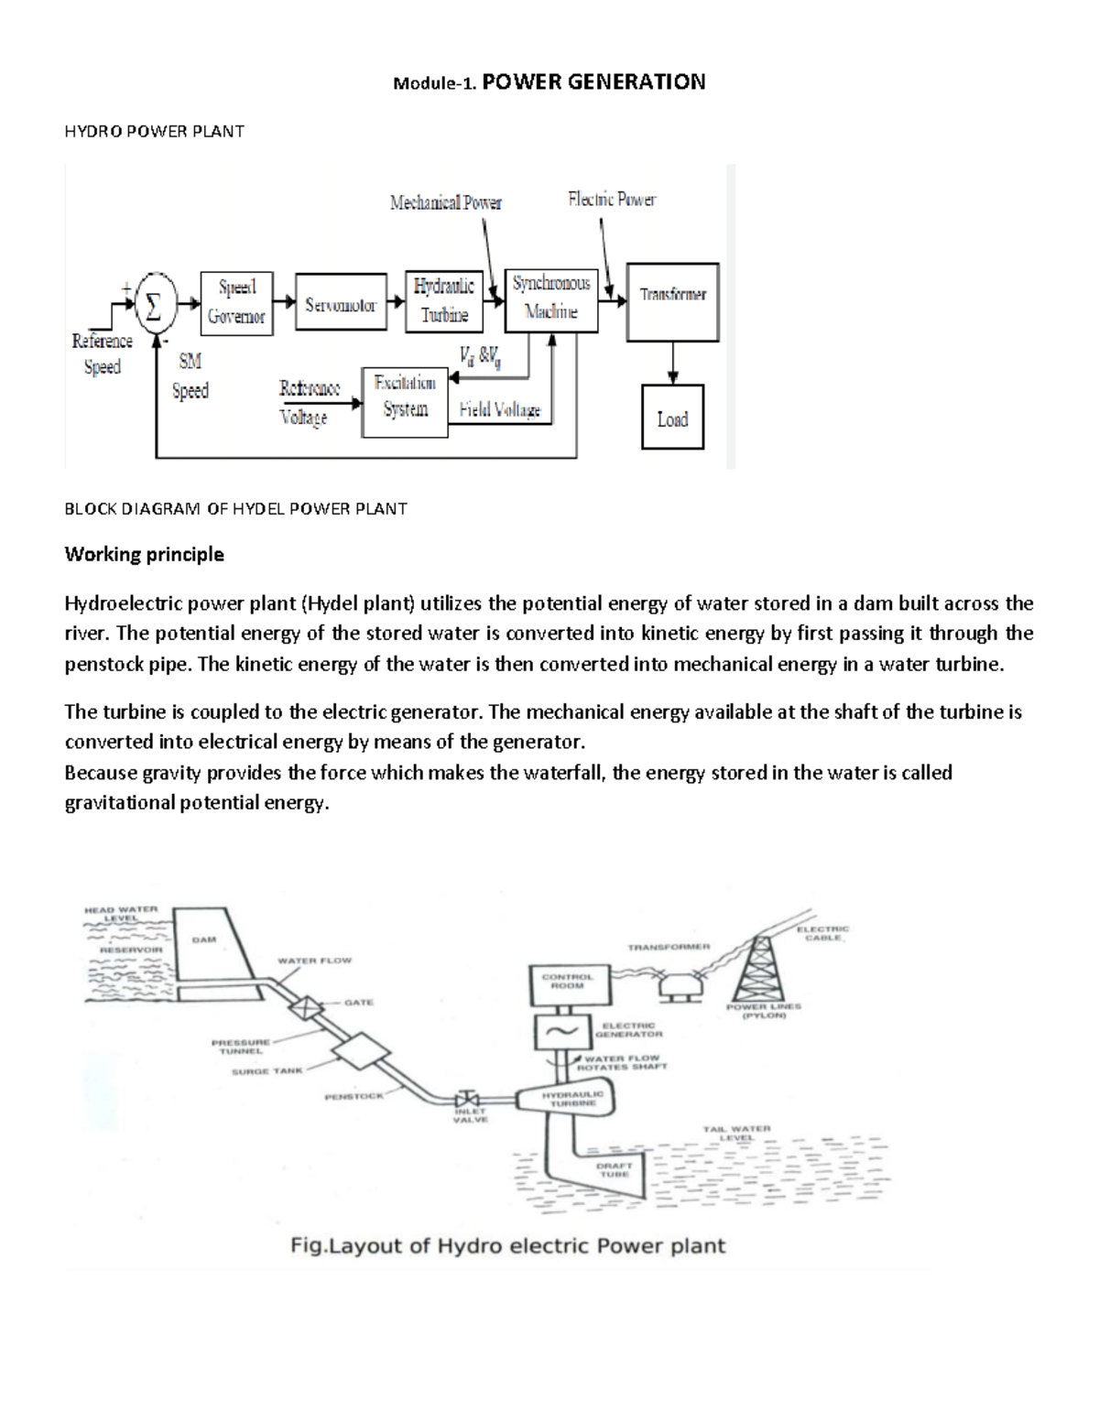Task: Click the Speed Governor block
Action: [236, 302]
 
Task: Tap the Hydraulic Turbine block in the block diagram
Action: [444, 301]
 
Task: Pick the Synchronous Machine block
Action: [551, 299]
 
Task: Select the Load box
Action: [672, 418]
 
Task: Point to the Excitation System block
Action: [405, 396]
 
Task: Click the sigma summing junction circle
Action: [156, 305]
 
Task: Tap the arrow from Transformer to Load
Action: [673, 362]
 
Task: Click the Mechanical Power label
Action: [445, 202]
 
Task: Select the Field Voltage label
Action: [500, 411]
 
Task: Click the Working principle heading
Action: [144, 554]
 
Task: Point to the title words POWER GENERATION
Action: [593, 81]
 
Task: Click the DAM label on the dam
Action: [203, 940]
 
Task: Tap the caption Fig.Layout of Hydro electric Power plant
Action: [507, 1245]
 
